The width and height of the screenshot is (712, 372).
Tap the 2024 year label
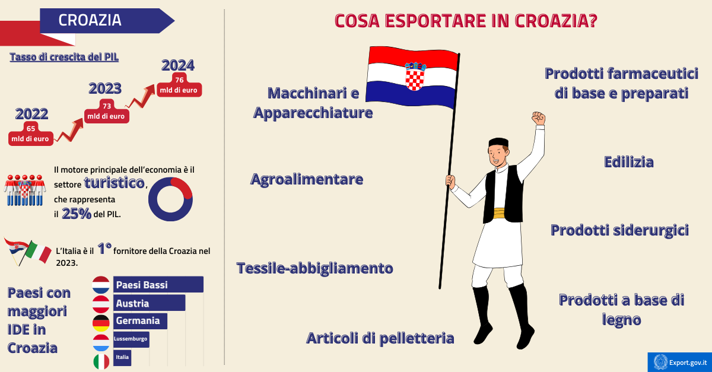(x=178, y=65)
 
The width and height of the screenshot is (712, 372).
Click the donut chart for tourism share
(x=170, y=199)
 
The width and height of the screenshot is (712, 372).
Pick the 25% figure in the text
(x=77, y=214)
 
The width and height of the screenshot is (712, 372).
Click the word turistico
(x=115, y=183)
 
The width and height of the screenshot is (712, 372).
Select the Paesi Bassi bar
(x=157, y=285)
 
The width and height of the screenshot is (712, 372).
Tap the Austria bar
(x=148, y=303)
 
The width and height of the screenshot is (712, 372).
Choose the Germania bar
(x=139, y=321)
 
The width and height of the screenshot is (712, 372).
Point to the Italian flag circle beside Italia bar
(x=101, y=360)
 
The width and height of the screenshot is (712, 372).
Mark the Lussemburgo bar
(x=131, y=339)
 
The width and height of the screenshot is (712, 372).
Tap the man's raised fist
(x=538, y=117)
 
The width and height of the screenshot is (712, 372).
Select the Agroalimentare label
(x=307, y=179)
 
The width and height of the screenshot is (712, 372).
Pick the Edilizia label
(x=628, y=162)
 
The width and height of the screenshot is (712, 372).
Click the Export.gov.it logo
(x=679, y=361)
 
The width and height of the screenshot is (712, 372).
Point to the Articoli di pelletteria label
(x=380, y=338)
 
